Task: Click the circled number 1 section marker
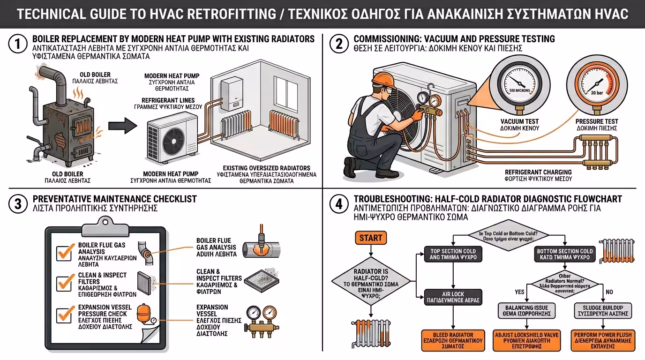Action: pos(16,45)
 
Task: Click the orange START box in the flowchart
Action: pos(370,238)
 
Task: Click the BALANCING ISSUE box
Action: pos(527,310)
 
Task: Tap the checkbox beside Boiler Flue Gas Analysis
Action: pos(64,252)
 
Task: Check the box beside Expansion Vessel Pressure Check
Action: pos(64,315)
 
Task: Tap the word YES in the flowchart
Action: pos(519,292)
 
